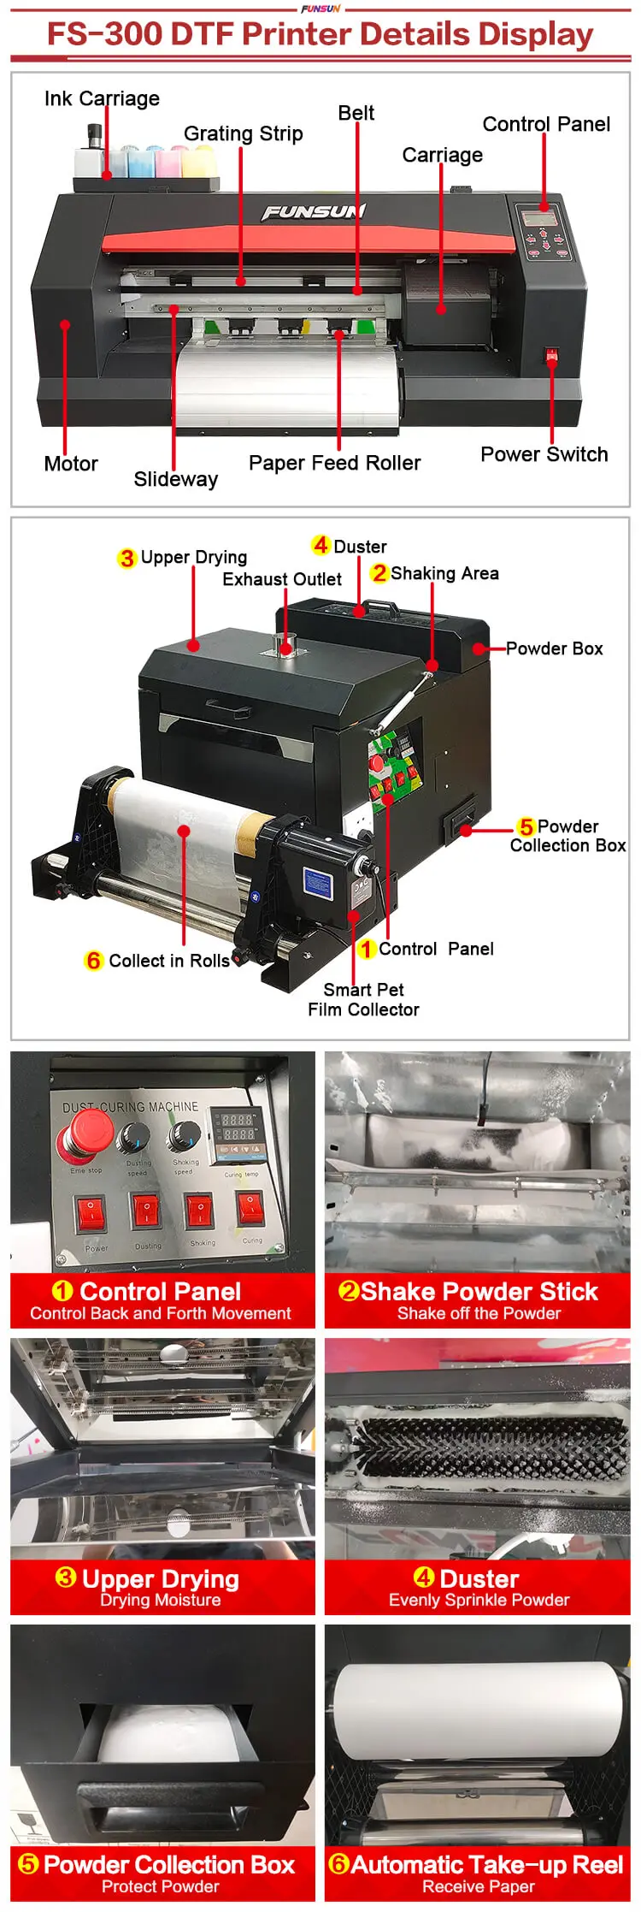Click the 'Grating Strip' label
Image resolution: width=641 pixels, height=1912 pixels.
coord(244,133)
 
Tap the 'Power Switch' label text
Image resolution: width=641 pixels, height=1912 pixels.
coord(544,454)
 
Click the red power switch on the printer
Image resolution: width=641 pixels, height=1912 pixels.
coord(552,354)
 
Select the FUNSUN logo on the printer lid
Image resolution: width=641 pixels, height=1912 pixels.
coord(313,211)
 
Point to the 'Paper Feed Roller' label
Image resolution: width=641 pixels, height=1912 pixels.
coord(334,463)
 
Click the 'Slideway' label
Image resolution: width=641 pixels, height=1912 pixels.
coord(175,479)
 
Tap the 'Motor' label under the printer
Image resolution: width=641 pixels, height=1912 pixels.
coord(71,464)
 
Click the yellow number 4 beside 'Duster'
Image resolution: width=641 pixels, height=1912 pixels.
coord(321,545)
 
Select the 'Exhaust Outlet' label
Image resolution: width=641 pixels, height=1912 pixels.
coord(282,579)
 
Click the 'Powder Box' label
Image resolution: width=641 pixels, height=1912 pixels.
coord(554,648)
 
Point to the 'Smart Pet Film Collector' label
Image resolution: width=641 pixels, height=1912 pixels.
coord(363,999)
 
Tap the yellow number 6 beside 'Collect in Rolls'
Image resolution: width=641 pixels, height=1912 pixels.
coord(94,961)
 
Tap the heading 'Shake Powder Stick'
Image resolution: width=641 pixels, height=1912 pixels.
coord(479,1291)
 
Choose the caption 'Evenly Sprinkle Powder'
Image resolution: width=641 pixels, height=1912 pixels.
coord(479,1600)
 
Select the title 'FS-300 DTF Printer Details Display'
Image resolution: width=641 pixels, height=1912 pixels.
coord(320,34)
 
